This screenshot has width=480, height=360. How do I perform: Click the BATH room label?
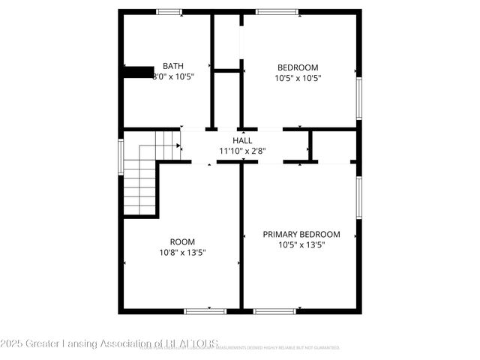[x=173, y=66]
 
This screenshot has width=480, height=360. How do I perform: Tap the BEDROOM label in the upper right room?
[x=298, y=66]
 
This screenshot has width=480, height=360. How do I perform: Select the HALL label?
[x=242, y=140]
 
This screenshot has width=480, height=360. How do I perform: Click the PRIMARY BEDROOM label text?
[x=301, y=234]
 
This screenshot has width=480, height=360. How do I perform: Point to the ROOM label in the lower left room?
[x=182, y=241]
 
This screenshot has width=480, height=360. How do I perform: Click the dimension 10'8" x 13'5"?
[x=182, y=253]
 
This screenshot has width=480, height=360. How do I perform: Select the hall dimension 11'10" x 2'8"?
[x=242, y=151]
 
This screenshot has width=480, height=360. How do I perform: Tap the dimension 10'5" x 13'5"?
[x=301, y=245]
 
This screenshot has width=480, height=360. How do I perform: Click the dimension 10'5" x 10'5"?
[x=298, y=77]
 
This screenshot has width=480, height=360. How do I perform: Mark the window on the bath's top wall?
[x=169, y=11]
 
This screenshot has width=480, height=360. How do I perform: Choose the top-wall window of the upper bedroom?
[x=277, y=11]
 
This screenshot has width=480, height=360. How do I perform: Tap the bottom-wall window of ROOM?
[x=205, y=310]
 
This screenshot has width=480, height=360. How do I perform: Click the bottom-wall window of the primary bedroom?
[x=274, y=310]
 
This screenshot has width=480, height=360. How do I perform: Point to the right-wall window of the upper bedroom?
[x=359, y=97]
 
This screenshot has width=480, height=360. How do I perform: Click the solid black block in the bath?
[x=139, y=72]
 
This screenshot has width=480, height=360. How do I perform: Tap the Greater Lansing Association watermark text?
[x=109, y=344]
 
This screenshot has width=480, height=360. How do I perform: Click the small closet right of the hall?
[x=334, y=145]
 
